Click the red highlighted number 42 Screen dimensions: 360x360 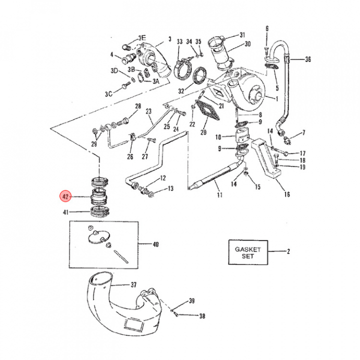tap(65, 196)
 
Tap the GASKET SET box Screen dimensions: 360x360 tap(248, 252)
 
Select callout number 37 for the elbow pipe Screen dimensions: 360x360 tap(133, 284)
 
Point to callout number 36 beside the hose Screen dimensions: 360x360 tap(308, 59)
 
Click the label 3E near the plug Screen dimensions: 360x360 tap(142, 38)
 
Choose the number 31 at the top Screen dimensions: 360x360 tap(242, 35)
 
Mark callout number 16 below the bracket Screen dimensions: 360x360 tap(287, 194)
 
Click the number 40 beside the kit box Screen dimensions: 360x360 tap(155, 244)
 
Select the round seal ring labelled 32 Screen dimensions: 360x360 tap(200, 75)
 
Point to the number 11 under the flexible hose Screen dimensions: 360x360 tap(219, 194)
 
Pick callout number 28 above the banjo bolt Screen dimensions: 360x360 tap(138, 106)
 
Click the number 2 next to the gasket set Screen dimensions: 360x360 tap(288, 251)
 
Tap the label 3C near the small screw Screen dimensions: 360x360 tap(109, 94)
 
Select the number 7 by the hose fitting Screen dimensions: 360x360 tap(304, 132)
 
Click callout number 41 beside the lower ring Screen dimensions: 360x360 tap(65, 212)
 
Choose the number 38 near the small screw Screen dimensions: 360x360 tap(202, 316)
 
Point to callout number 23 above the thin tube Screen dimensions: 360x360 tap(148, 111)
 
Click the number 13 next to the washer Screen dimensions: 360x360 tap(170, 188)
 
